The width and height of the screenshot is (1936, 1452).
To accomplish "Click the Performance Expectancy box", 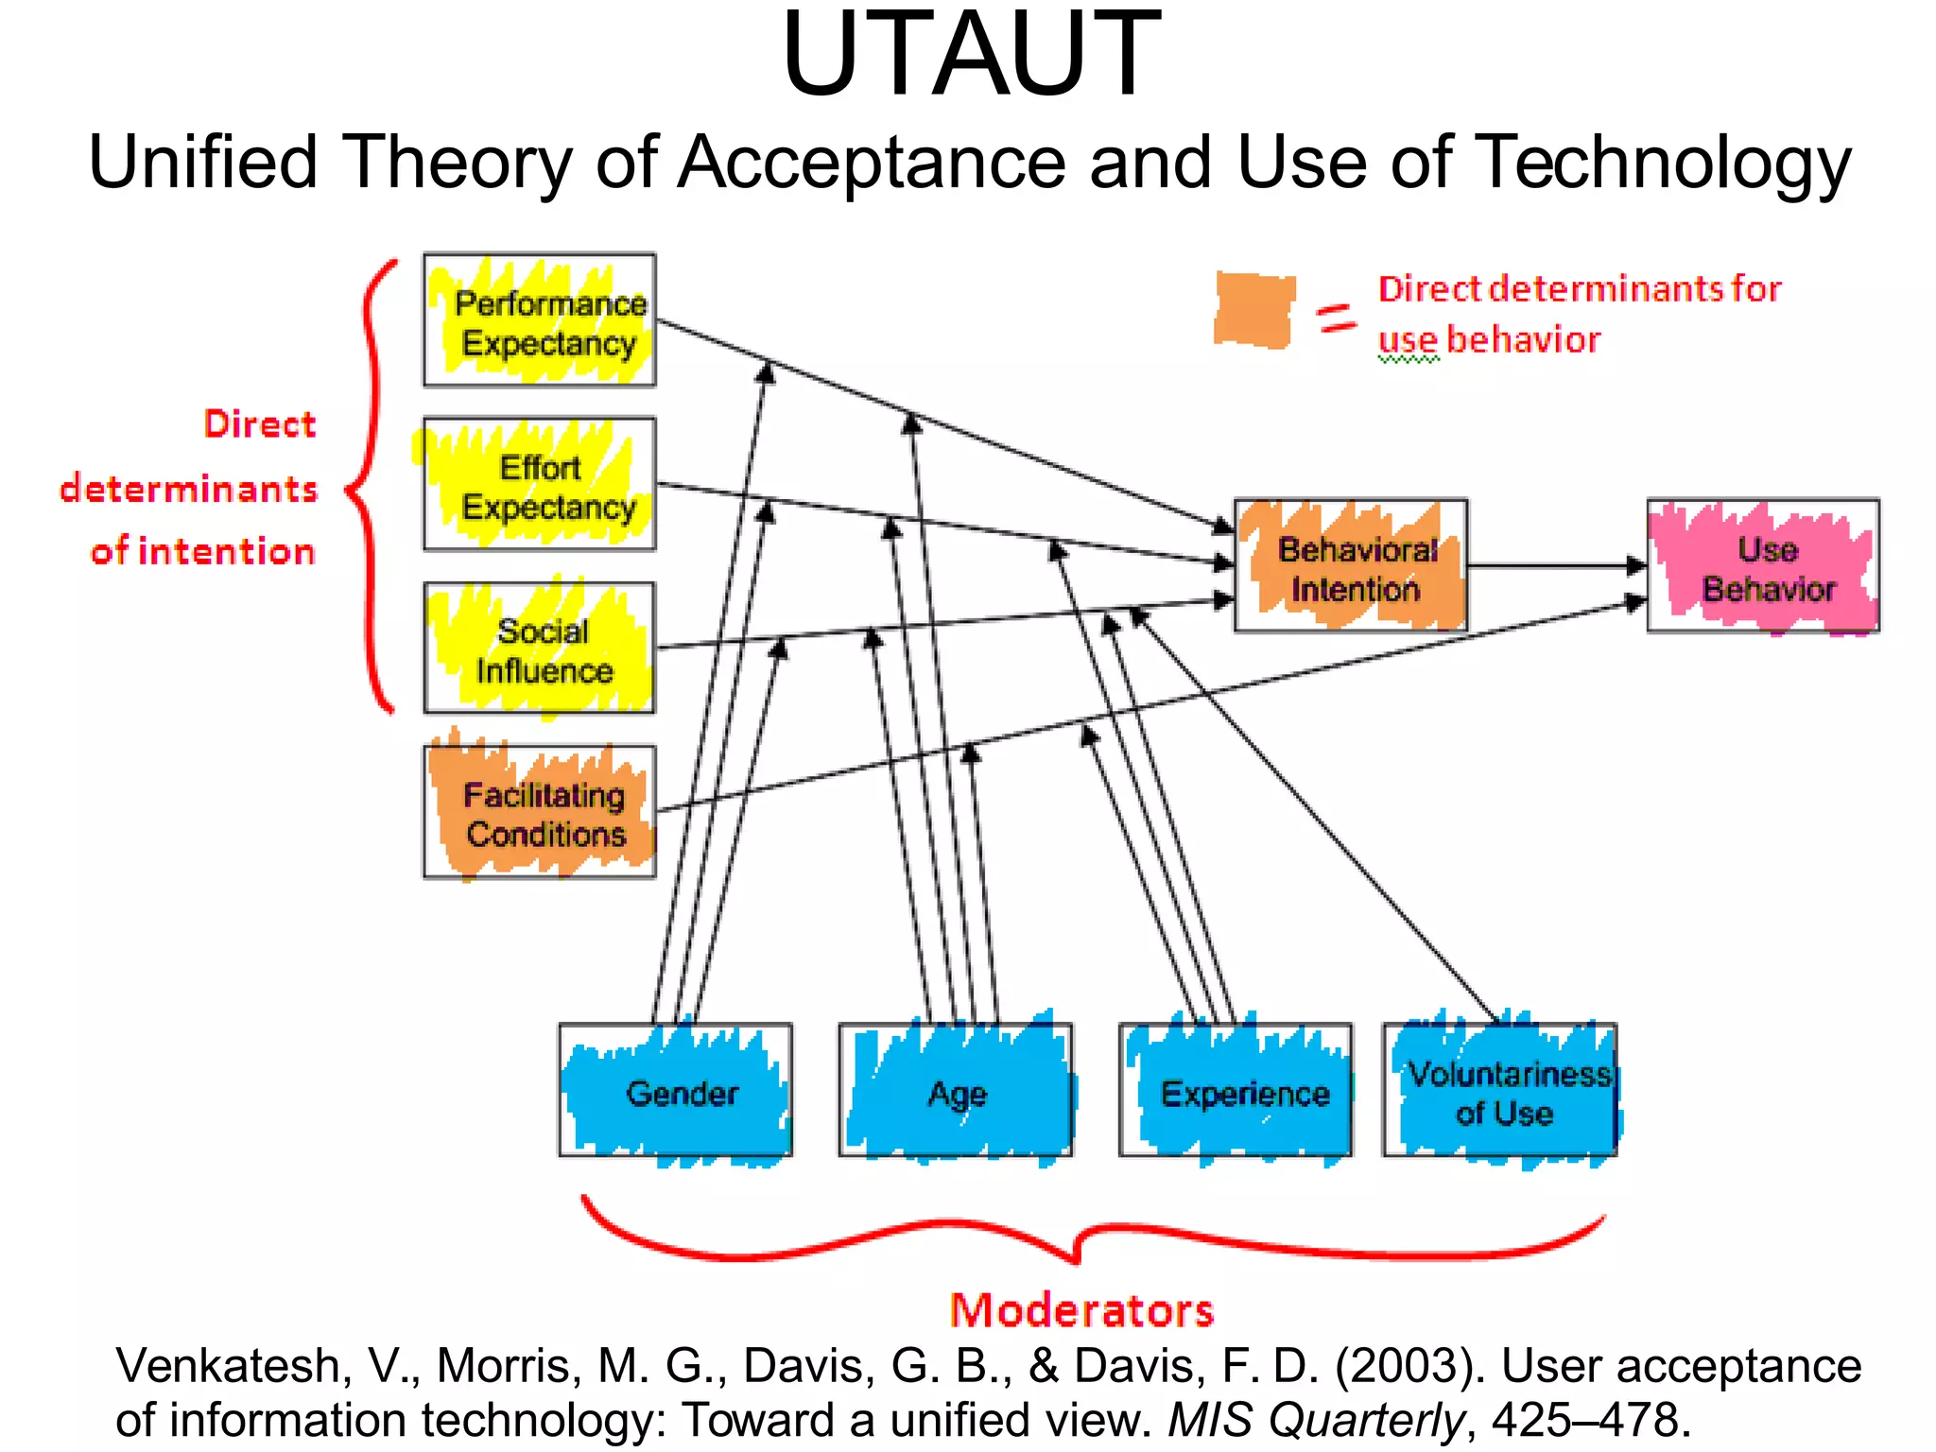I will (x=540, y=320).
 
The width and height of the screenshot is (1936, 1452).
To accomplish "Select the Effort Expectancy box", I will (x=540, y=484).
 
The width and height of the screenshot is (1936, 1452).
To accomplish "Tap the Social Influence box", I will (x=540, y=648).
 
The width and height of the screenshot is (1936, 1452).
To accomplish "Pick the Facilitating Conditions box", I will (x=540, y=812).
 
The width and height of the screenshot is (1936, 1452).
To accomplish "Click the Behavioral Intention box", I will (x=1352, y=566).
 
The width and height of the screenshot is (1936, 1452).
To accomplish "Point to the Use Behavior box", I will (x=1763, y=566).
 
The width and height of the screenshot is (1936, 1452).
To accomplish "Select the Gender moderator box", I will (x=675, y=1091).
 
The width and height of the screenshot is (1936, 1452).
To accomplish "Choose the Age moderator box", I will (x=956, y=1091).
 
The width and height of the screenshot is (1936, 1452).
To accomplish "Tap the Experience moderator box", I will (x=1236, y=1091).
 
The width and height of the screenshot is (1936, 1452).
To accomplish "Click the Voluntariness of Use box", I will (x=1500, y=1091).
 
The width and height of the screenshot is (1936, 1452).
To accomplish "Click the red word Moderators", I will (x=1081, y=1311).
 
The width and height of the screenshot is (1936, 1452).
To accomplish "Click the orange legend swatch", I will (x=1254, y=310).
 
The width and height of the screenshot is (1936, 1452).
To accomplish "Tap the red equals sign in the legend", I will (x=1337, y=318).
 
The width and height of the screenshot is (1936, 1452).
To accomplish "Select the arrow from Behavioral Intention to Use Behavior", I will (x=1555, y=566).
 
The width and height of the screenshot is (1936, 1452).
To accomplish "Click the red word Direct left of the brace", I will (x=260, y=423).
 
